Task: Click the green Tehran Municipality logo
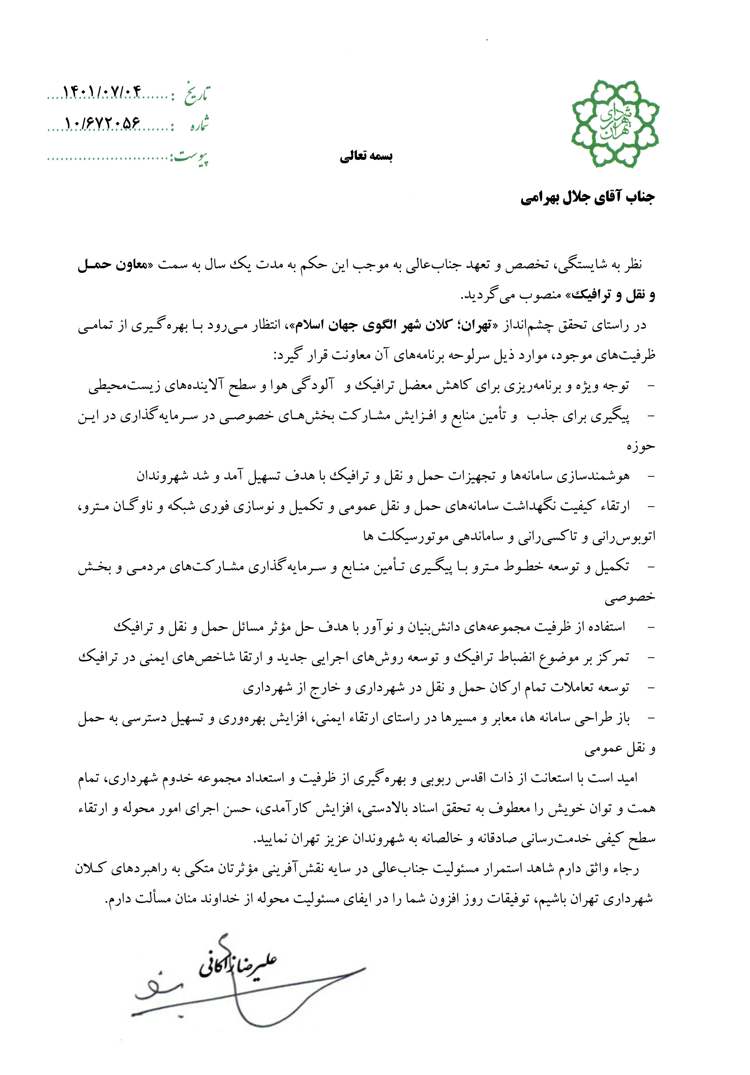[x=614, y=123]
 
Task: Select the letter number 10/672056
[x=102, y=123]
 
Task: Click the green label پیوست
[x=192, y=157]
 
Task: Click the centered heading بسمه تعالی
[x=366, y=157]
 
